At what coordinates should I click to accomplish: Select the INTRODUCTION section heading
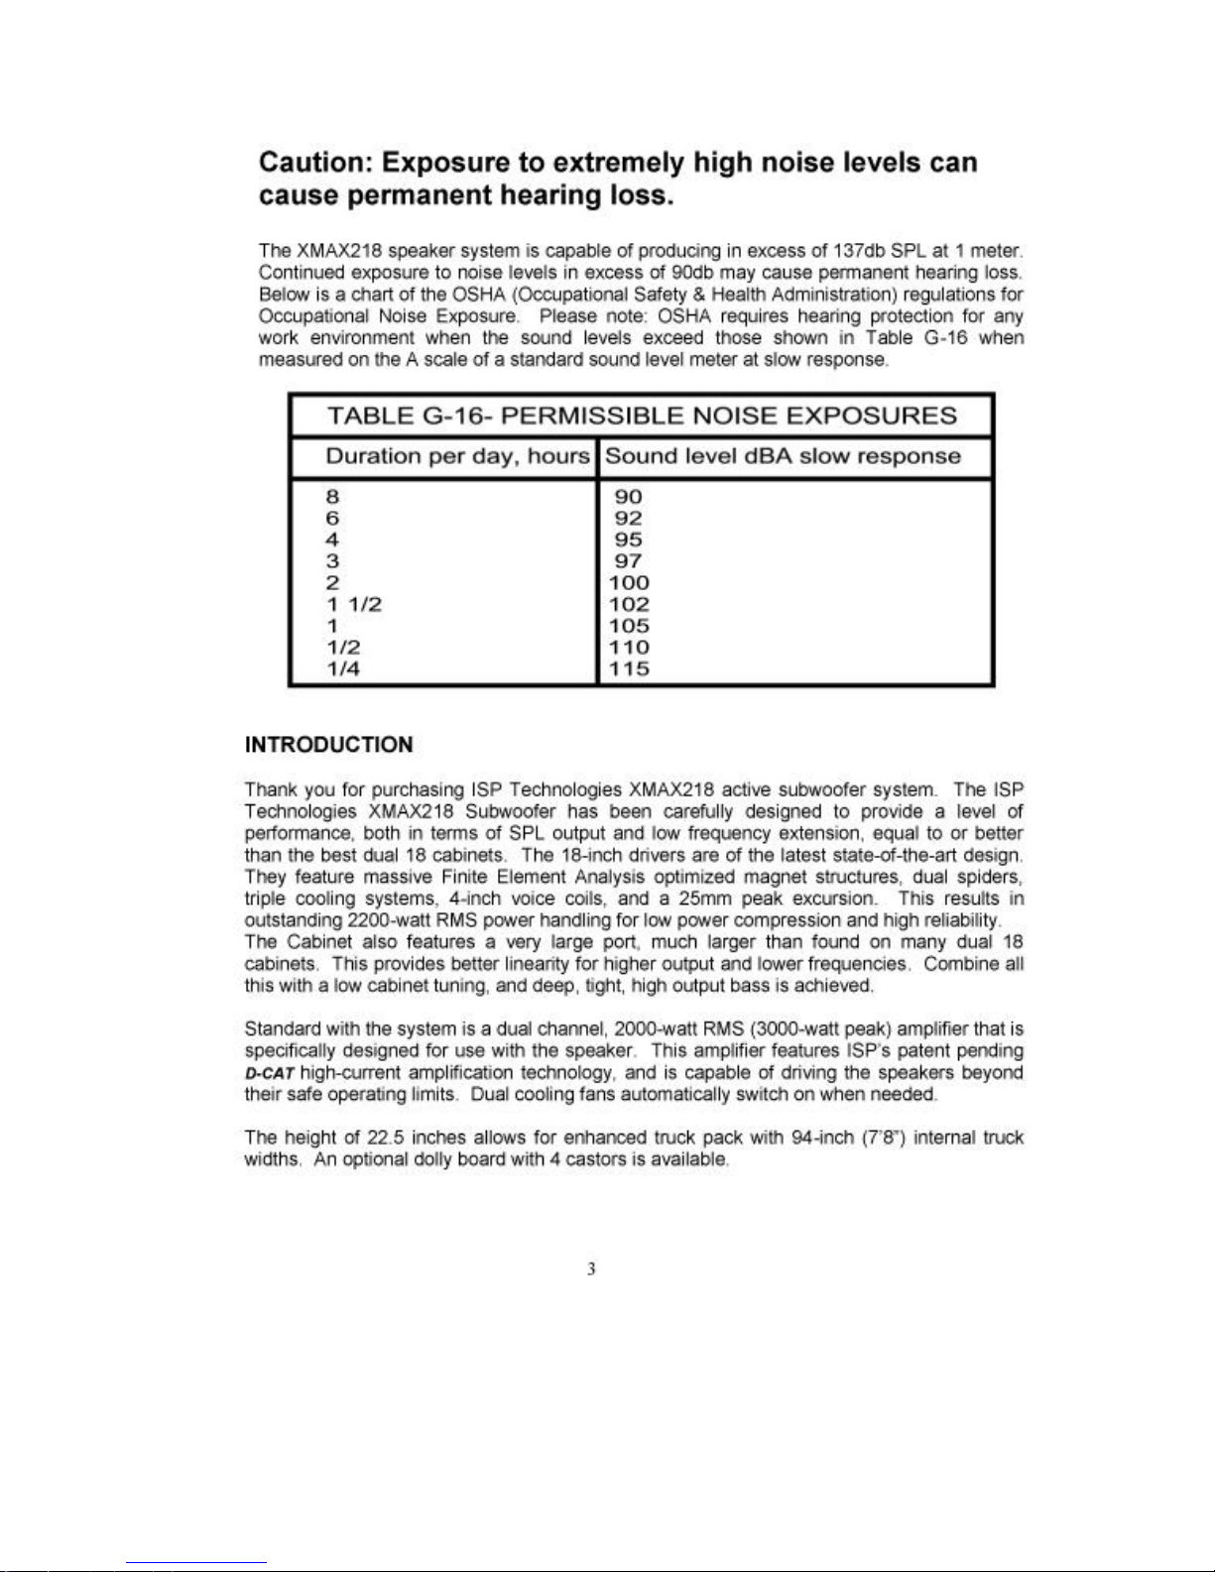tap(328, 745)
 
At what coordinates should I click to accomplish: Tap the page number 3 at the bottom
tap(591, 1269)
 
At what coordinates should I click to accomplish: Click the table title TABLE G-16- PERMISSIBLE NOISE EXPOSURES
tap(642, 416)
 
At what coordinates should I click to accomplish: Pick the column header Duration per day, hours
tap(457, 457)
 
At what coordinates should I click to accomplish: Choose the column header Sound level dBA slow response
tap(783, 457)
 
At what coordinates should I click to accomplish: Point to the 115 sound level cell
tap(630, 668)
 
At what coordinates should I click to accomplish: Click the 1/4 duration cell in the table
tap(343, 668)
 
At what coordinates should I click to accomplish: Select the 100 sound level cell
tap(630, 583)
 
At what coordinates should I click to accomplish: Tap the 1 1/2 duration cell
tap(354, 605)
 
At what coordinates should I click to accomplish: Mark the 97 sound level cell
tap(628, 561)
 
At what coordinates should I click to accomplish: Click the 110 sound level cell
tap(630, 648)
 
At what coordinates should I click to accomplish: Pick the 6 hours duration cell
tap(332, 519)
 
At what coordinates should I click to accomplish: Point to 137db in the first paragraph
tap(870, 251)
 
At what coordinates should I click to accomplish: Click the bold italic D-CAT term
tap(269, 1074)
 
